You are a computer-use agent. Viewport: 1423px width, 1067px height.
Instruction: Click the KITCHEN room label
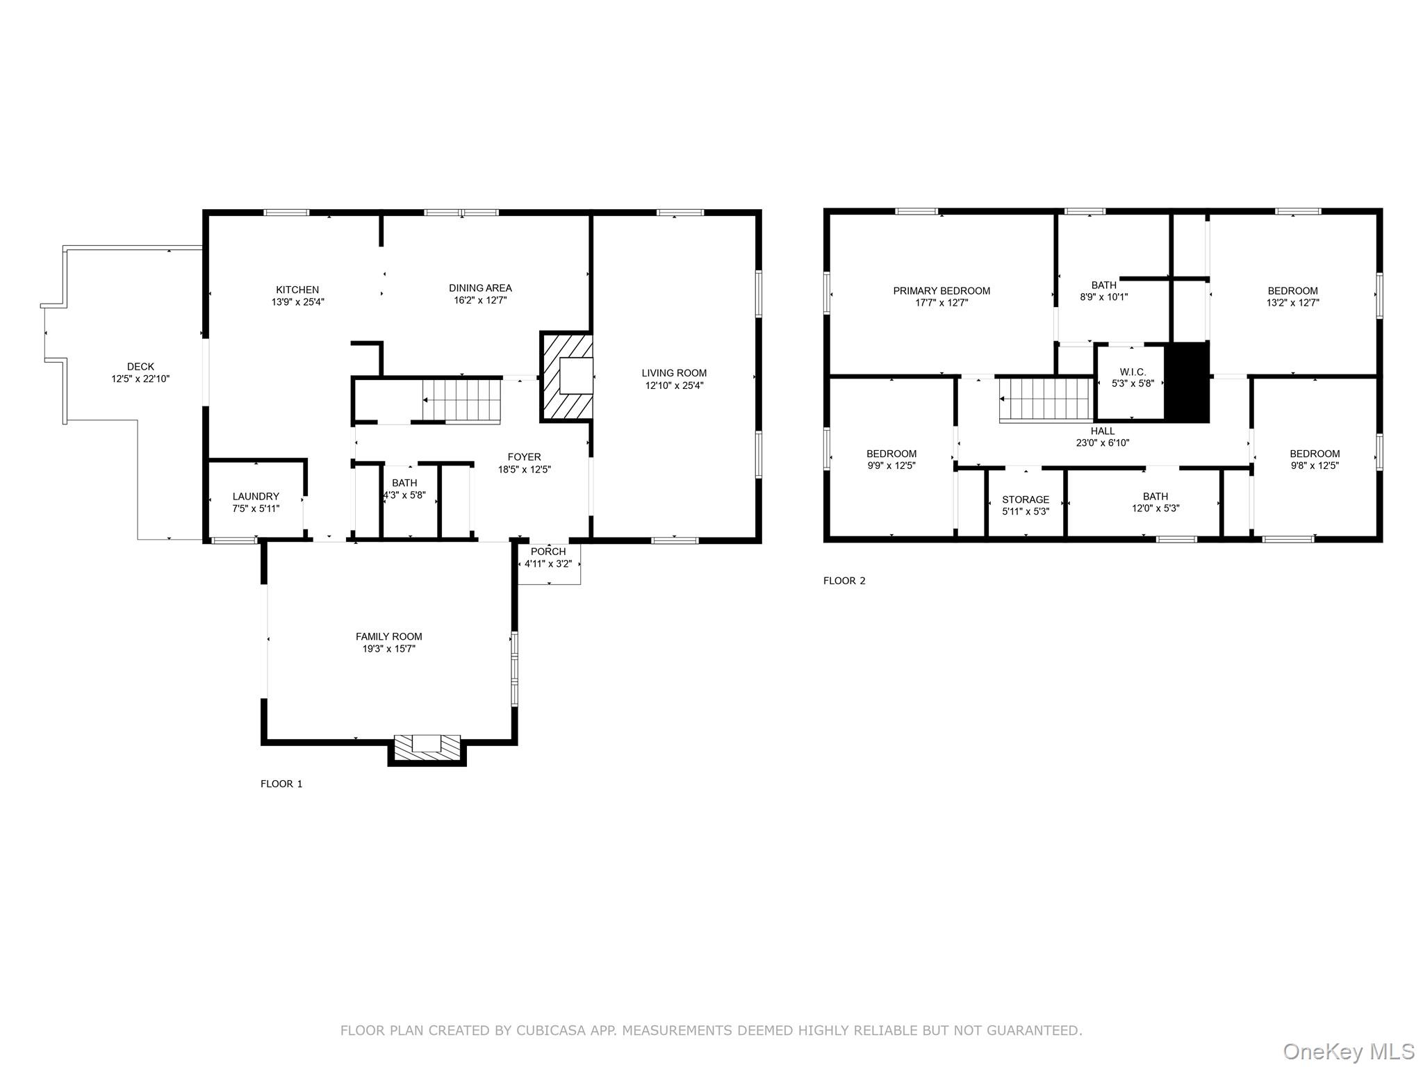[297, 290]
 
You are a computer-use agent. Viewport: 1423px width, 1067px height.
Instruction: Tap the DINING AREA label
[480, 288]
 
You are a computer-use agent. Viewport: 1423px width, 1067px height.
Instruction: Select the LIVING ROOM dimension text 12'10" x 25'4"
[674, 386]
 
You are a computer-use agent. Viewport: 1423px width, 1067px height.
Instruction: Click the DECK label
[140, 367]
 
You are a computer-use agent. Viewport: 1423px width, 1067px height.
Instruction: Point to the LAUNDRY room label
[256, 496]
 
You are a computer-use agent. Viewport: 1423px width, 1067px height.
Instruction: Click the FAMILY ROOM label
[388, 636]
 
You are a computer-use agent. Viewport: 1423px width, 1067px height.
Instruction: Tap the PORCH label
[548, 552]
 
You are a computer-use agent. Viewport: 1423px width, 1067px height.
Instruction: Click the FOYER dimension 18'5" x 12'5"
[524, 470]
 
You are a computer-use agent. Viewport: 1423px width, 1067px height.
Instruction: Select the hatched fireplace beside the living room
[566, 377]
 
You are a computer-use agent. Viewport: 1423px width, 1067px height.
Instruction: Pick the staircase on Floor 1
[462, 401]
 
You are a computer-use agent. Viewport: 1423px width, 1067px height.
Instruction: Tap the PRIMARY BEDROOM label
[941, 290]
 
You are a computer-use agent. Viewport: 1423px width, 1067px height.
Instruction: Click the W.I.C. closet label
[1133, 372]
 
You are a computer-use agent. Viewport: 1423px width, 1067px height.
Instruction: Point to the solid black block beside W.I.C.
[1187, 382]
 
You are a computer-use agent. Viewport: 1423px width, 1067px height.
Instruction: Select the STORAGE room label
[1026, 499]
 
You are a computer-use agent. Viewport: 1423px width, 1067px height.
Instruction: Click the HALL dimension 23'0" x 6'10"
[1103, 442]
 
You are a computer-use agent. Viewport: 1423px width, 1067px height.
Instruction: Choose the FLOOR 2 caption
[844, 581]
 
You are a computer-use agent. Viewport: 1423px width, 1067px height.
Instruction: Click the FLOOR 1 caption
[281, 784]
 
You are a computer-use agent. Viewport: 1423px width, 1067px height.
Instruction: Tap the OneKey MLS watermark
[1348, 1052]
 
